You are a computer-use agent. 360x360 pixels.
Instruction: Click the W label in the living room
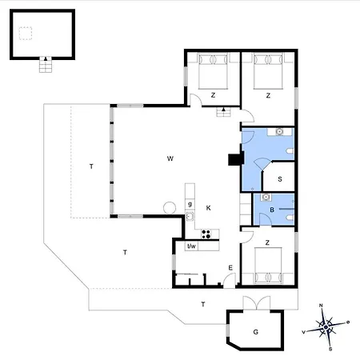tap(170, 158)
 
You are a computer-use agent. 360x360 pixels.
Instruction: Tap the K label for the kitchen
tap(209, 208)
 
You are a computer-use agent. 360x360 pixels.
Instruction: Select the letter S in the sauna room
tap(280, 179)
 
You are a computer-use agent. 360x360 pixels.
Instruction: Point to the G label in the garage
tap(256, 332)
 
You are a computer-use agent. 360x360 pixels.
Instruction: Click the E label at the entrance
tap(230, 268)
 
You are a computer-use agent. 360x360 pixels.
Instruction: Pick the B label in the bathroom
tap(272, 210)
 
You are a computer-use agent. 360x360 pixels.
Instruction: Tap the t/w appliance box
tap(191, 246)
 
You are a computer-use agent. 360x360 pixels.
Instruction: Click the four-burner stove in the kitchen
tap(206, 234)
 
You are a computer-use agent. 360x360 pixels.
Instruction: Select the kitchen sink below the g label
tap(190, 216)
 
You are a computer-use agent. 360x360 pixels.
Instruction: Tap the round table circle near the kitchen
tap(170, 208)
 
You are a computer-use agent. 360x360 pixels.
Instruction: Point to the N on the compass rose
tap(321, 306)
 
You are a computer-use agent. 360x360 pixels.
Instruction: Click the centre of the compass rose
tap(326, 327)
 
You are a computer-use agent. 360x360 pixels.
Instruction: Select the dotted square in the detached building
tap(26, 34)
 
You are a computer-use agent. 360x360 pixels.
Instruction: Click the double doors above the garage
tap(257, 302)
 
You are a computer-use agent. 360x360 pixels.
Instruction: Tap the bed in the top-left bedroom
tap(213, 71)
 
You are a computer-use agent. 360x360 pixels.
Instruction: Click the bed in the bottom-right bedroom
tap(268, 266)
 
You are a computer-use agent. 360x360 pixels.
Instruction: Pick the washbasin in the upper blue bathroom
tap(279, 131)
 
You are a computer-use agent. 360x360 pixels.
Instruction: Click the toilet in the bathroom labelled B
tap(290, 218)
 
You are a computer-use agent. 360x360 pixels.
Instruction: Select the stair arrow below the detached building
tap(46, 58)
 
